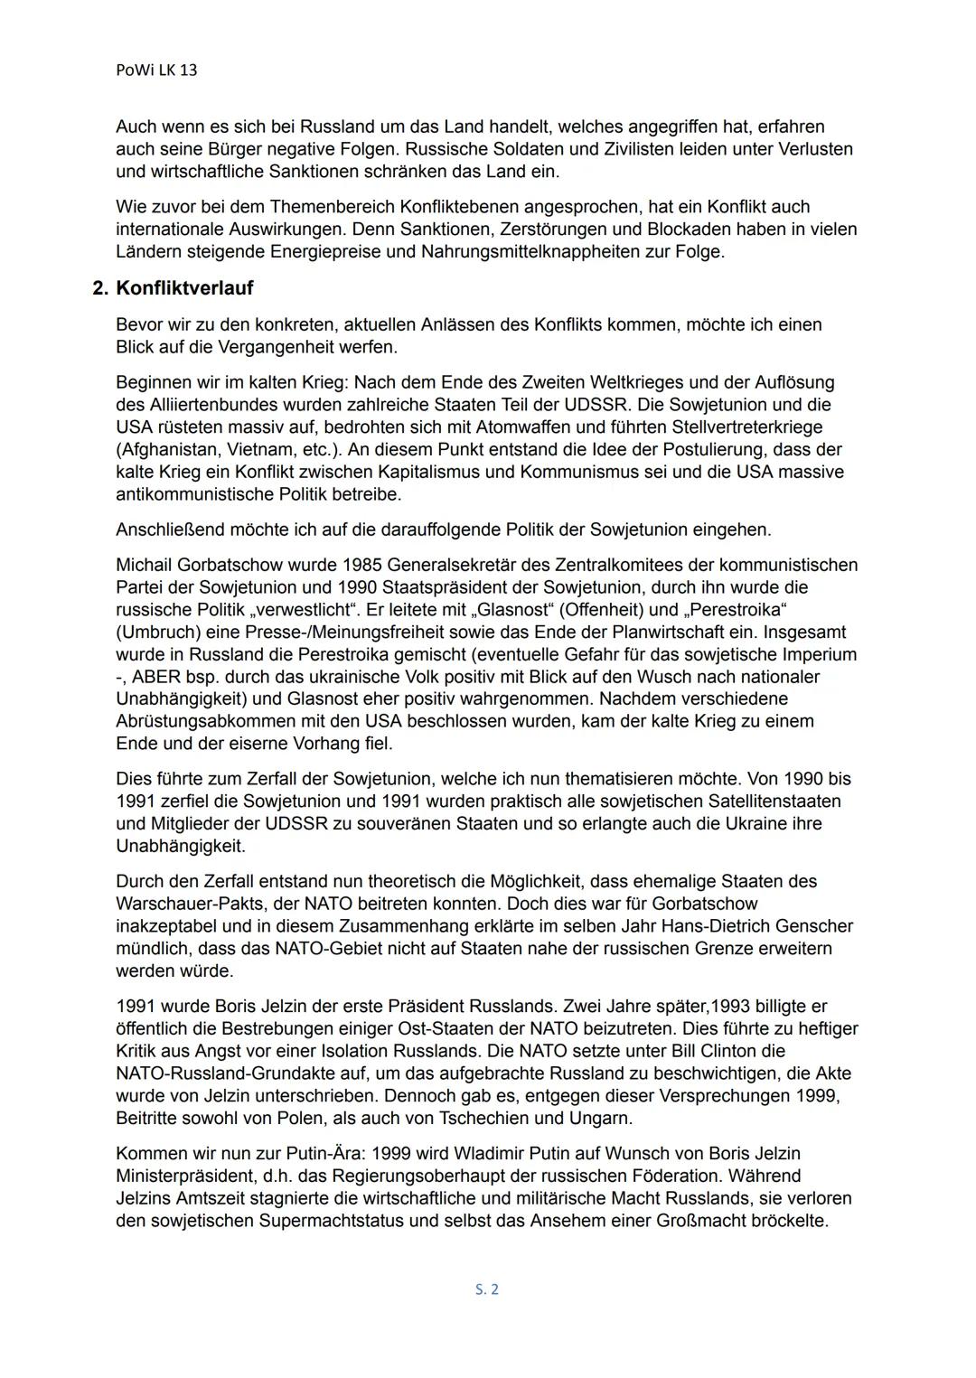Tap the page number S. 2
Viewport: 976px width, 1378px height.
point(487,1289)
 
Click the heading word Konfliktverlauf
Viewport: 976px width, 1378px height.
point(184,288)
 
